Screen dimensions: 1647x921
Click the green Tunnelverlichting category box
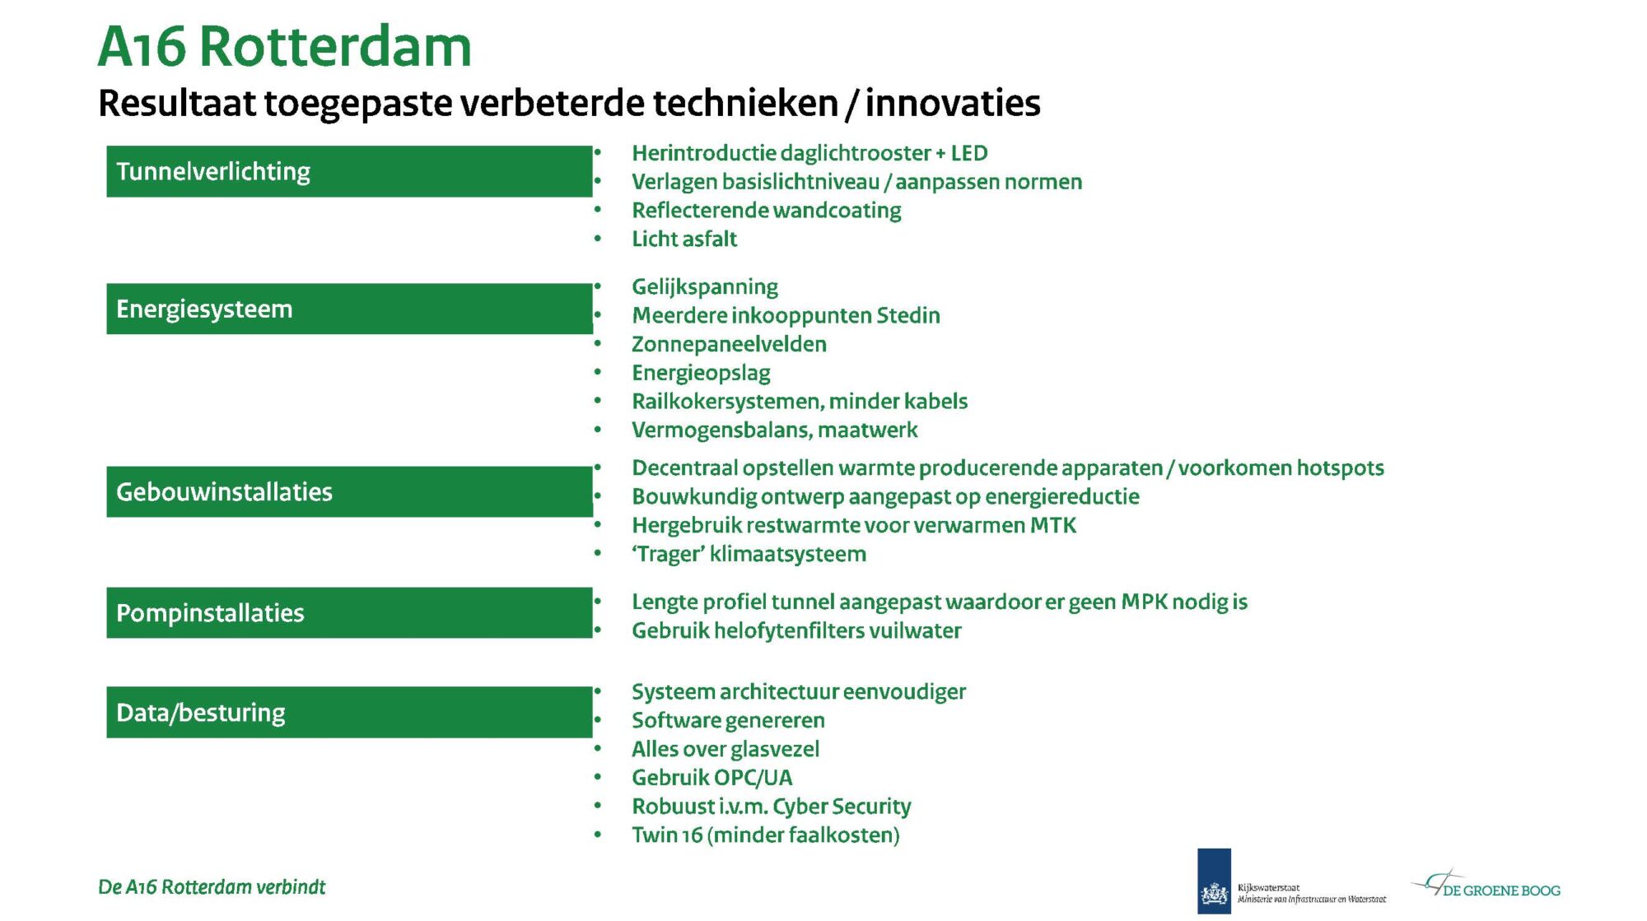349,171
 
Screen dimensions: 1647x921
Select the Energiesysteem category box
349,309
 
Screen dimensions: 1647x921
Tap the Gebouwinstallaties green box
349,491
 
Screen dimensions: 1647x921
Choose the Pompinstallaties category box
349,612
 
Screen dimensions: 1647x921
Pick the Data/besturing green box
349,712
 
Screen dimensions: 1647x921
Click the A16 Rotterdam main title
285,46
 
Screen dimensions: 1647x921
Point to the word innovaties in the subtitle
953,103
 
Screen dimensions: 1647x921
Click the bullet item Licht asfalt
684,239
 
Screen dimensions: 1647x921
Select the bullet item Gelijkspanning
705,287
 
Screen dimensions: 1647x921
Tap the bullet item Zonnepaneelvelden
729,344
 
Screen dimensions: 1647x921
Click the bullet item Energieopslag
701,373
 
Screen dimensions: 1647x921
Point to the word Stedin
907,315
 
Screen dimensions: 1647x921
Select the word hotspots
1341,467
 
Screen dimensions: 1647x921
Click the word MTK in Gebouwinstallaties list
1053,525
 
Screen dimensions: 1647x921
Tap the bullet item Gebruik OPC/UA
712,778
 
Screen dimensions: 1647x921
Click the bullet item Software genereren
728,720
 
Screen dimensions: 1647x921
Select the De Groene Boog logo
1486,885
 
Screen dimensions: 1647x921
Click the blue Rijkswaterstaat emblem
1214,881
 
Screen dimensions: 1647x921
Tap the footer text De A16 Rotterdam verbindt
212,887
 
